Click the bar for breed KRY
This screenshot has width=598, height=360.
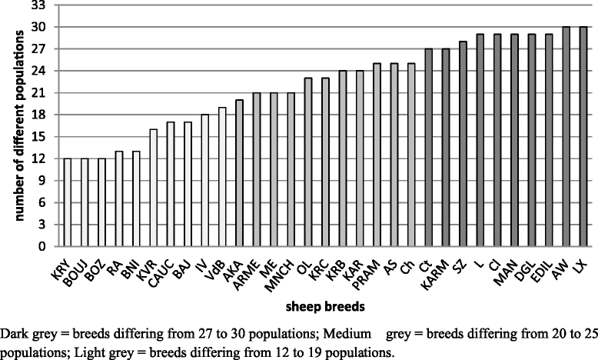click(67, 203)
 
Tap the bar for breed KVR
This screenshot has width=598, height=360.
click(153, 188)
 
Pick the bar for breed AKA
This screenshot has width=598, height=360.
click(239, 174)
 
